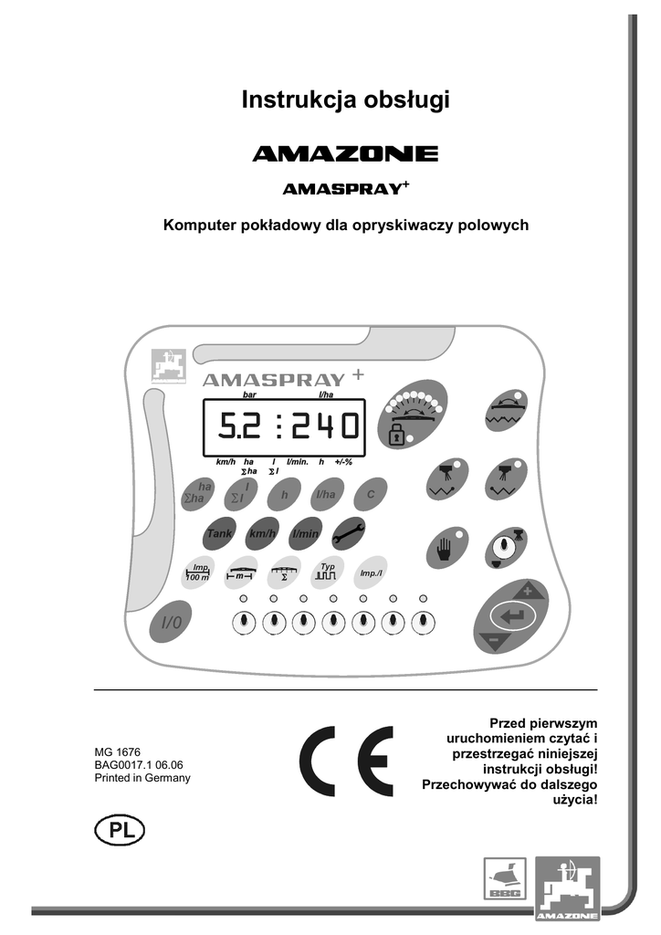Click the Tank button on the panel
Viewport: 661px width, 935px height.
point(219,533)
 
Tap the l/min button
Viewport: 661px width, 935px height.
point(305,533)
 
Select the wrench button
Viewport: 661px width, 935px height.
point(349,533)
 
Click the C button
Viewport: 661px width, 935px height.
point(371,494)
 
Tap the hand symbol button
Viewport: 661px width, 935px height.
point(446,550)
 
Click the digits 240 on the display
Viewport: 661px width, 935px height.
point(325,426)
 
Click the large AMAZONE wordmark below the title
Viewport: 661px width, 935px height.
point(345,154)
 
